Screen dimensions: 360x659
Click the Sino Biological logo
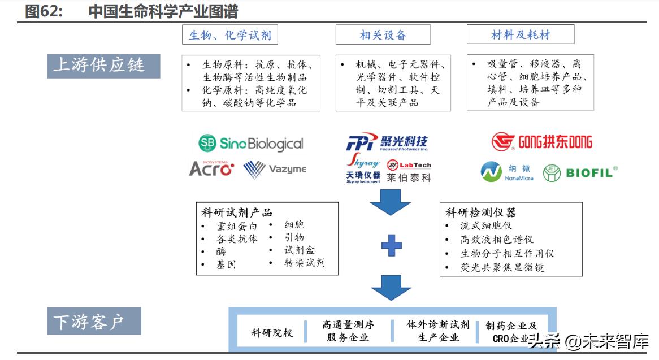(251, 144)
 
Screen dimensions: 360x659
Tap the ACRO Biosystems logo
(211, 168)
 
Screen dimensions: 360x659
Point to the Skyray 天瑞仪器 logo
(363, 168)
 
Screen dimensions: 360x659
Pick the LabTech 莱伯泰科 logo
(409, 171)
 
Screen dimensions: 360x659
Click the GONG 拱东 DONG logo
(541, 141)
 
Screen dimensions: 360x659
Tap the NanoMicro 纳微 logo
(507, 172)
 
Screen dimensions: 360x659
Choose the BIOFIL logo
(580, 172)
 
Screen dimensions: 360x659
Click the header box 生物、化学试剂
(229, 35)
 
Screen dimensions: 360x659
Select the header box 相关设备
(383, 35)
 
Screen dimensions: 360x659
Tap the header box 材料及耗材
(520, 35)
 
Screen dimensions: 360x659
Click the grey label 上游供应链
(103, 66)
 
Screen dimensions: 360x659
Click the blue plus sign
(391, 245)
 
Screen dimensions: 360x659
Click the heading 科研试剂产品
(237, 212)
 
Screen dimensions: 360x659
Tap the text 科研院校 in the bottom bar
(272, 332)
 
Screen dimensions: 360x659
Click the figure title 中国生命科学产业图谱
(163, 11)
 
